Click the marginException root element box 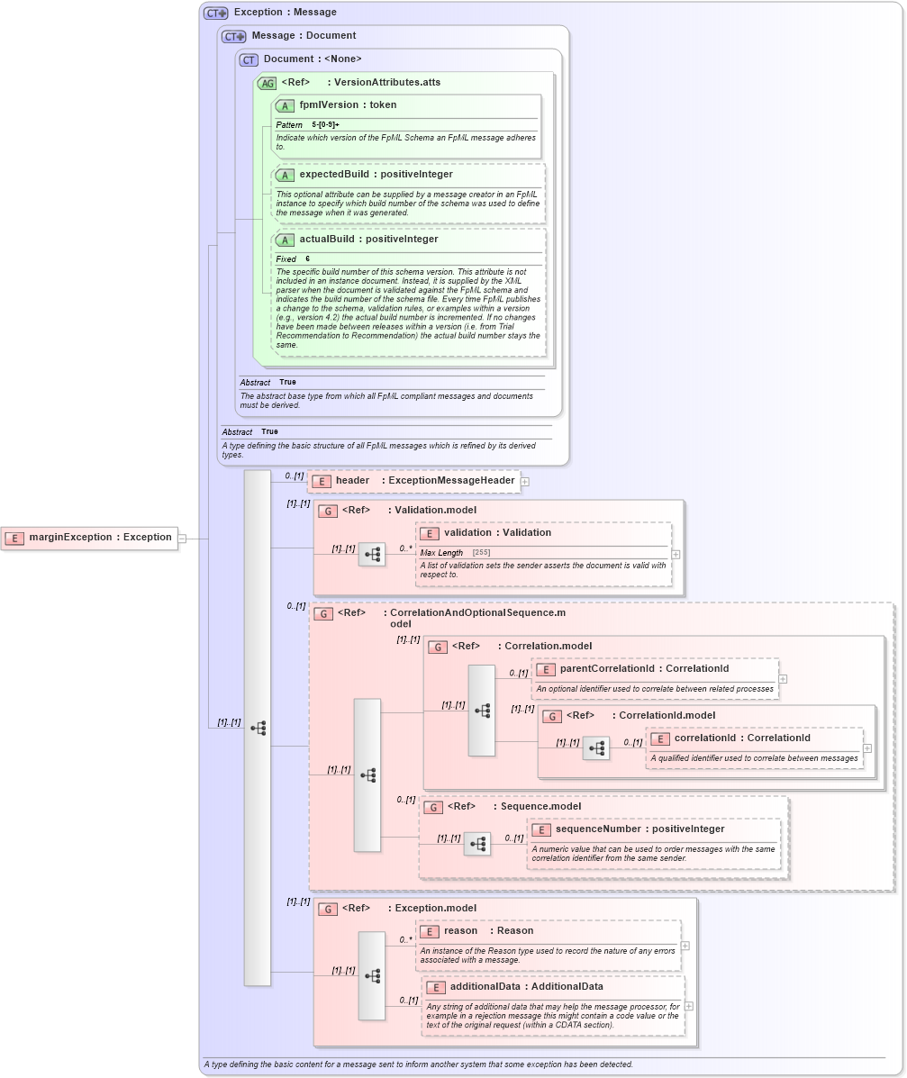(x=89, y=538)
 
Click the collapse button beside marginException (x=182, y=539)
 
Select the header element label (x=352, y=481)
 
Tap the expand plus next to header (x=525, y=482)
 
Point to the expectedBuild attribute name (x=337, y=175)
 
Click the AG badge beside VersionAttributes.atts (x=267, y=83)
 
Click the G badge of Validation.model (x=327, y=511)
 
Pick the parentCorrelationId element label (x=606, y=669)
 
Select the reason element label (x=461, y=931)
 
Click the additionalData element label (x=486, y=987)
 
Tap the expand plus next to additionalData (x=689, y=1006)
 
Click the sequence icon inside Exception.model (x=372, y=976)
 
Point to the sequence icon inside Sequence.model (x=477, y=844)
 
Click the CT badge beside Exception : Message (x=215, y=13)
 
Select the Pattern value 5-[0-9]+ (x=325, y=124)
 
